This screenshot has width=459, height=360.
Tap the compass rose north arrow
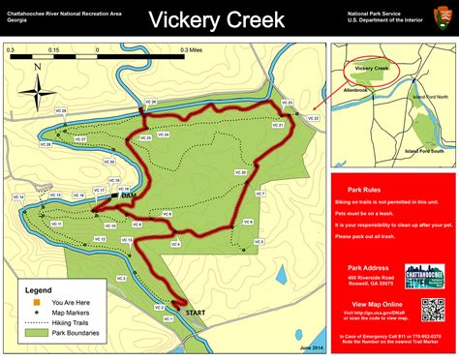pyautogui.click(x=37, y=94)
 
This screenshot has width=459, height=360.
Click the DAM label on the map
pyautogui.click(x=128, y=195)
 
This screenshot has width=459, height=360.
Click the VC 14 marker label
pyautogui.click(x=18, y=197)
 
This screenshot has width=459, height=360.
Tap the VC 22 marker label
pyautogui.click(x=312, y=118)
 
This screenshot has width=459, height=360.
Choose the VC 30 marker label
pyautogui.click(x=109, y=162)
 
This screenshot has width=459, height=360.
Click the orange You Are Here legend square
pyautogui.click(x=32, y=302)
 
